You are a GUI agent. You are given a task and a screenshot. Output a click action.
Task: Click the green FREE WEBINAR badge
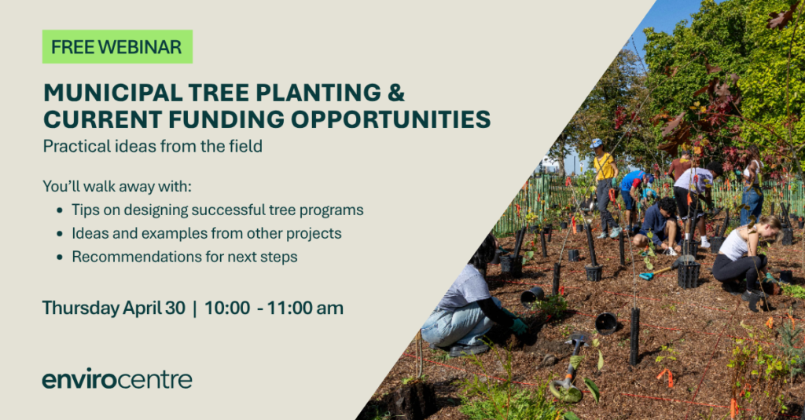pyautogui.click(x=117, y=46)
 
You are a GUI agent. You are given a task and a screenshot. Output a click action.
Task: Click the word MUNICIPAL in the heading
pyautogui.click(x=113, y=93)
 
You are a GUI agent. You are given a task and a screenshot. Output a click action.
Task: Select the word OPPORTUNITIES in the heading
pyautogui.click(x=391, y=119)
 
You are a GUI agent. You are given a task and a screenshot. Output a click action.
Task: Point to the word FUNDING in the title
pyautogui.click(x=226, y=119)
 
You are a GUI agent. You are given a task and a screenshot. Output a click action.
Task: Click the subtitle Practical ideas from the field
pyautogui.click(x=153, y=147)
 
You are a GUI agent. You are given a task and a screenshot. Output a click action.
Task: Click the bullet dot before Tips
pyautogui.click(x=60, y=210)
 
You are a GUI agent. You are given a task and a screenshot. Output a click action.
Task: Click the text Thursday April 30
pyautogui.click(x=113, y=309)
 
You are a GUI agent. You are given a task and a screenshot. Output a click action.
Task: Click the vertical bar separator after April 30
pyautogui.click(x=195, y=309)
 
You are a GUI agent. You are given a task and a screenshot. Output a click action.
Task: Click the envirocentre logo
pyautogui.click(x=117, y=378)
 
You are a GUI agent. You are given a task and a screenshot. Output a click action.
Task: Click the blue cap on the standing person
pyautogui.click(x=596, y=143)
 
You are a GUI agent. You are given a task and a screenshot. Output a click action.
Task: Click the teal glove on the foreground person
pyautogui.click(x=519, y=326)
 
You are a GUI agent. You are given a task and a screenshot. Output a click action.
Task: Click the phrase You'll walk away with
pyautogui.click(x=117, y=186)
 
